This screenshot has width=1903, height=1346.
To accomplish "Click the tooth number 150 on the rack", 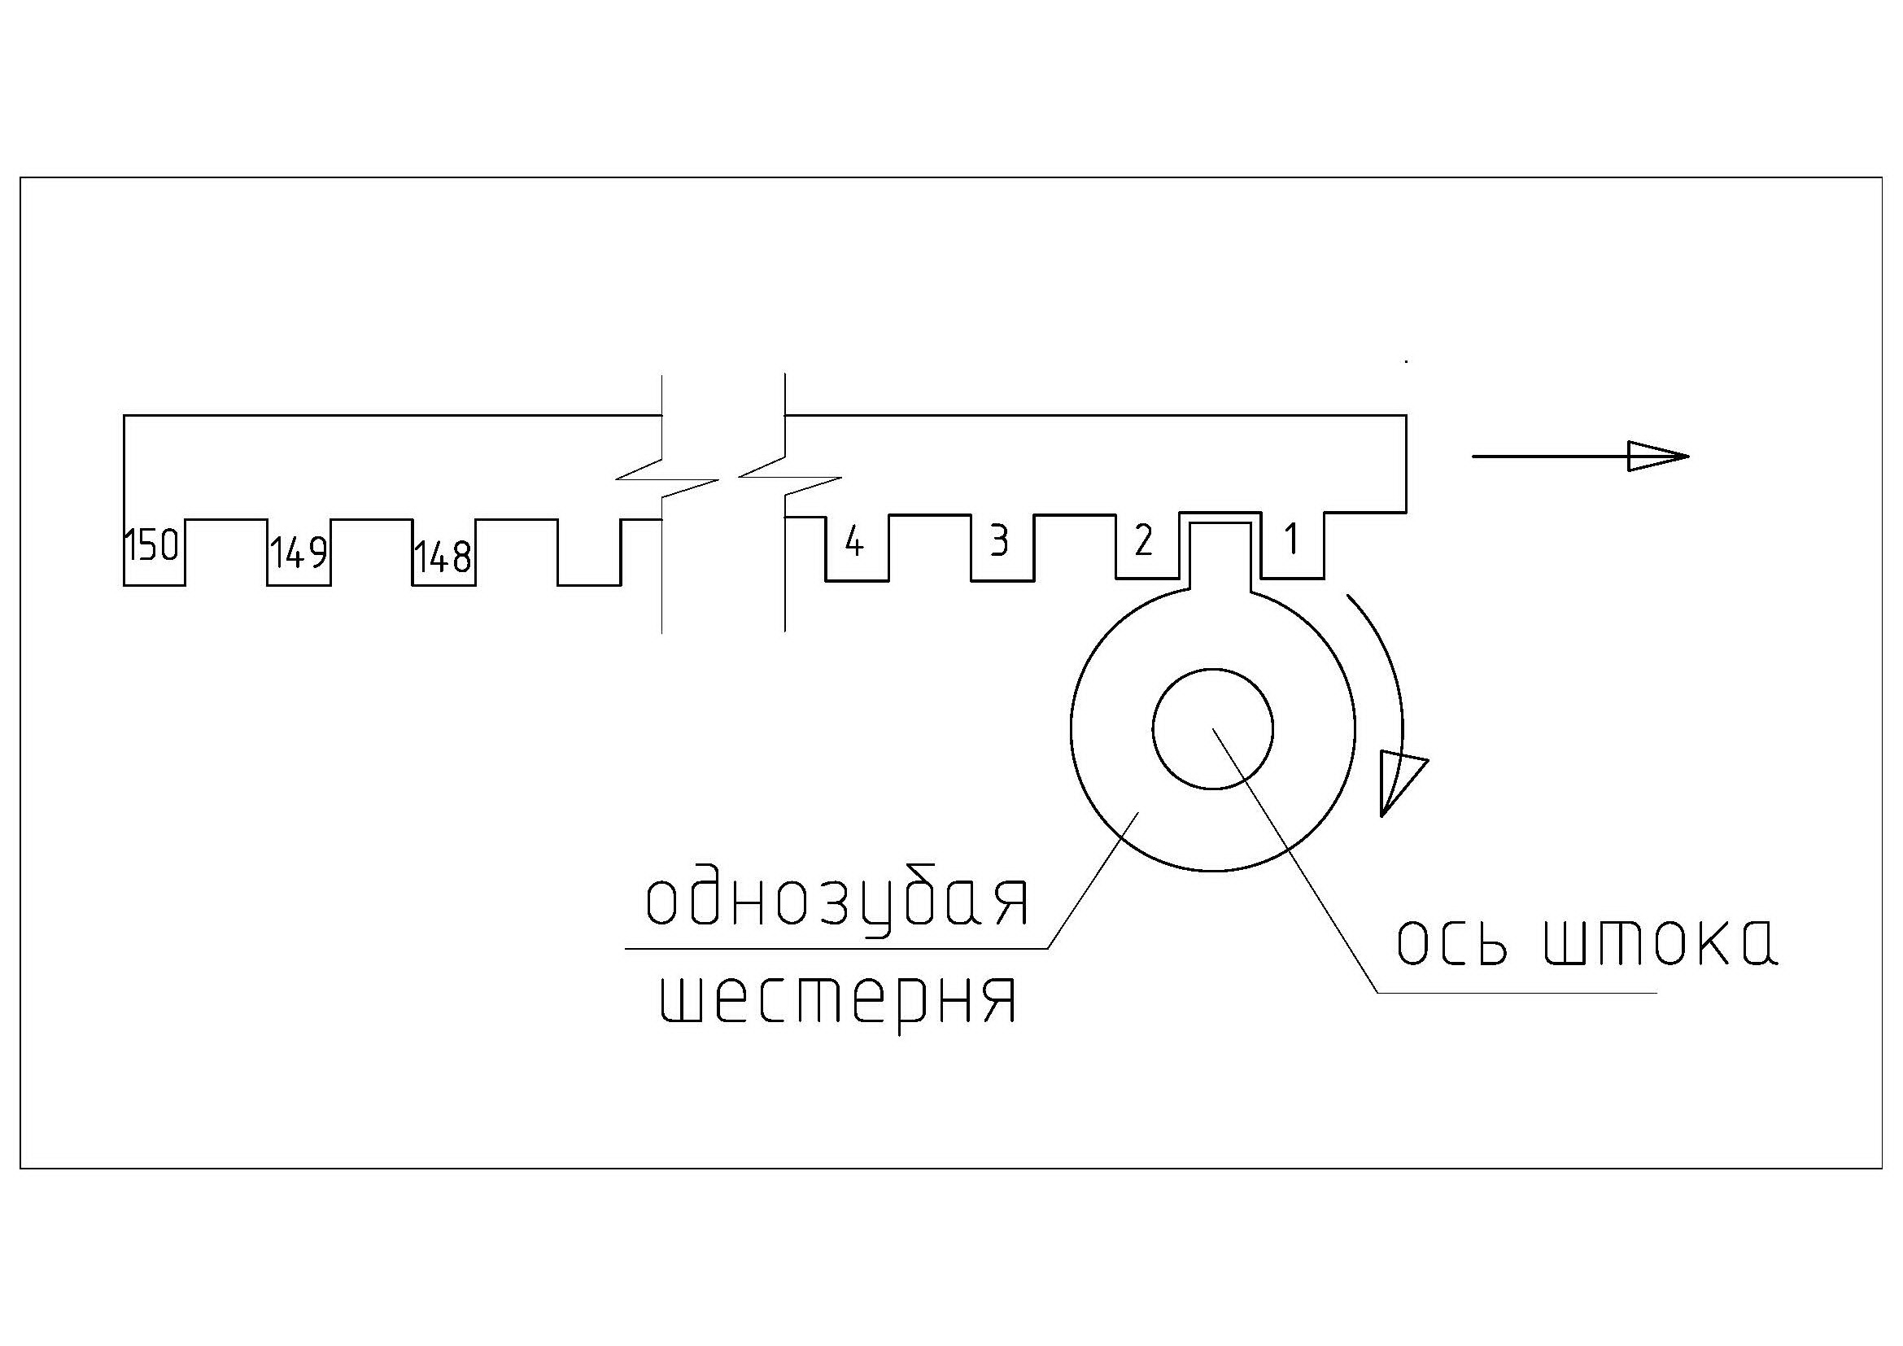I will coord(151,546).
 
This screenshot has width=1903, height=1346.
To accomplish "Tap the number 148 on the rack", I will coord(443,557).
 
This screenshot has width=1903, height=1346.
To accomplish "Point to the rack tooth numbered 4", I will coord(854,544).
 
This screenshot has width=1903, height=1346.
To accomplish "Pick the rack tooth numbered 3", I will coord(1000,542).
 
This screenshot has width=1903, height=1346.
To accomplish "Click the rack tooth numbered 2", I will coord(1143,541).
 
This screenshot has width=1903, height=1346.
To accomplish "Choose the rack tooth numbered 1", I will coord(1290,541).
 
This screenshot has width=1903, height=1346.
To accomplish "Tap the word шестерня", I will coord(838,1000).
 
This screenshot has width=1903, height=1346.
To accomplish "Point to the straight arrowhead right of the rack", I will coord(1657,457).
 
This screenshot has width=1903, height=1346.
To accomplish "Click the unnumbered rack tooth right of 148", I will coord(588,553).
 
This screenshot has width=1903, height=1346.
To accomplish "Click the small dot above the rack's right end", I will coord(1406,362).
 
